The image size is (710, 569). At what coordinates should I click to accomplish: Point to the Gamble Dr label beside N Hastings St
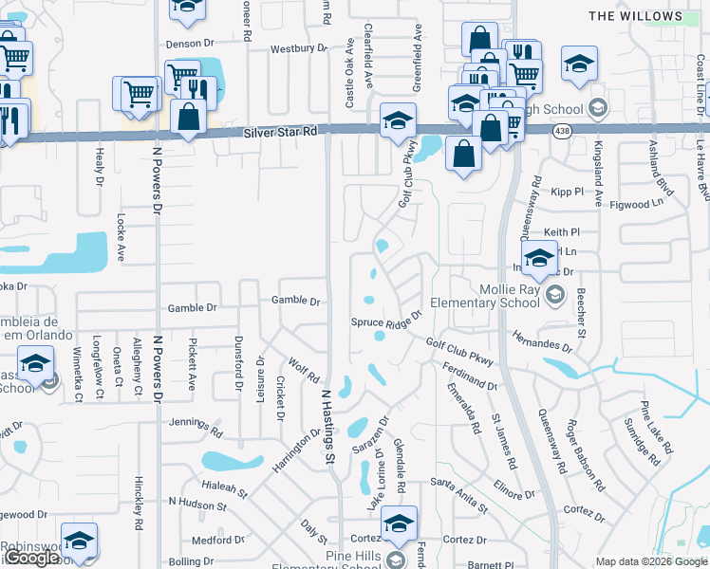coord(297,301)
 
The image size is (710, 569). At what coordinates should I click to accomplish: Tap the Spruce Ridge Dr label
coord(386,321)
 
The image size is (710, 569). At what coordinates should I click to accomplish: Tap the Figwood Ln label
coord(636,204)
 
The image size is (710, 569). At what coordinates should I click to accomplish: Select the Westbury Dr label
coord(298,47)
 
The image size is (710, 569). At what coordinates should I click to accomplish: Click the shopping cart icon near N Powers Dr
coord(139,94)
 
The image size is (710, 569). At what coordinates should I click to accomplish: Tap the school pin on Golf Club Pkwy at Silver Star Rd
coord(399,120)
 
